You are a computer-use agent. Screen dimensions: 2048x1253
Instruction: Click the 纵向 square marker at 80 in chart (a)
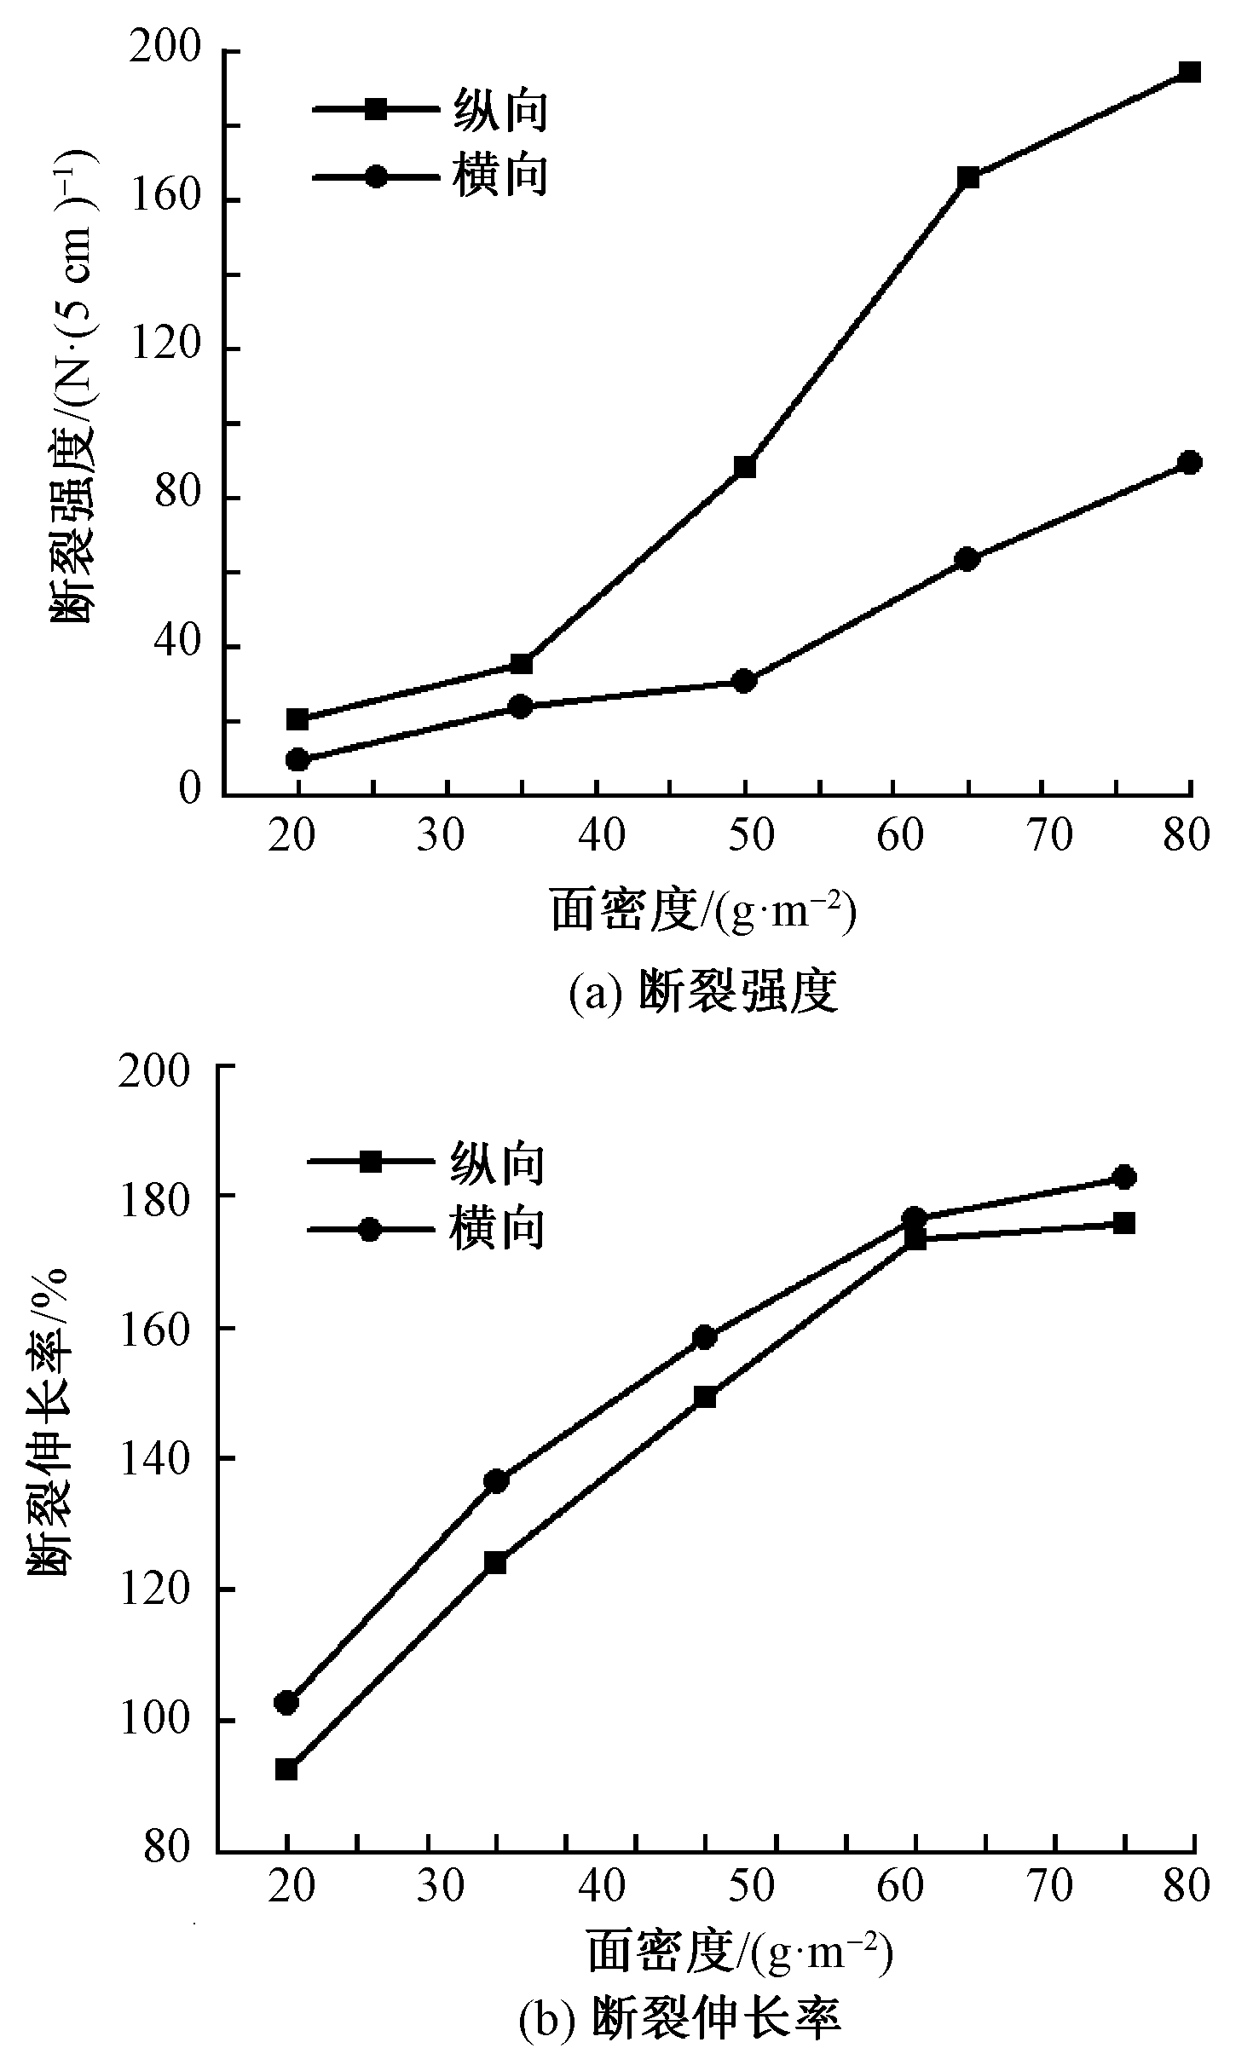tap(1190, 72)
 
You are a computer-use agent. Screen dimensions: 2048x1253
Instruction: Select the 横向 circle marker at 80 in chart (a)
tap(1190, 463)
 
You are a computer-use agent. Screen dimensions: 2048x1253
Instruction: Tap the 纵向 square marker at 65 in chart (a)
tap(967, 178)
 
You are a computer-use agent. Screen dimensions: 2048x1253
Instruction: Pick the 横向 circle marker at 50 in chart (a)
tap(744, 681)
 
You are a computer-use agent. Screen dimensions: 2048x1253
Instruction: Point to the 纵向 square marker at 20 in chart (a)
tap(297, 719)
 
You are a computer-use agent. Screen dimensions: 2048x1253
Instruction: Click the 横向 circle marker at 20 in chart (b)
tap(286, 1703)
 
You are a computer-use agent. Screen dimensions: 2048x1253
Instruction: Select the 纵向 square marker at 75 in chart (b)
tap(1125, 1224)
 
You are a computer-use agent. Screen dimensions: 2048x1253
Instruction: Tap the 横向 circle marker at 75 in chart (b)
tap(1125, 1177)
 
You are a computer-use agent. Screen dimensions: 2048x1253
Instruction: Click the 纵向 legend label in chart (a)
tap(499, 110)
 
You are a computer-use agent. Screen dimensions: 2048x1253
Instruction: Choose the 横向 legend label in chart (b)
tap(497, 1228)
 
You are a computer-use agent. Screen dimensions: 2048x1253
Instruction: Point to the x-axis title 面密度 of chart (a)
tap(703, 911)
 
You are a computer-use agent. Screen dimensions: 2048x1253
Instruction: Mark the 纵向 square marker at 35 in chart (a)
tap(521, 664)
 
